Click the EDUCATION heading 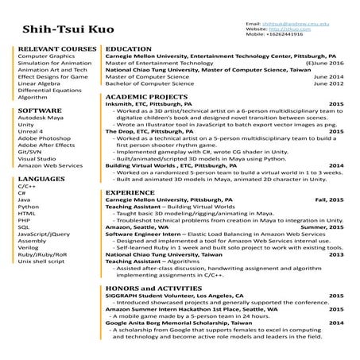(129, 49)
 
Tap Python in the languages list (28, 207)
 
